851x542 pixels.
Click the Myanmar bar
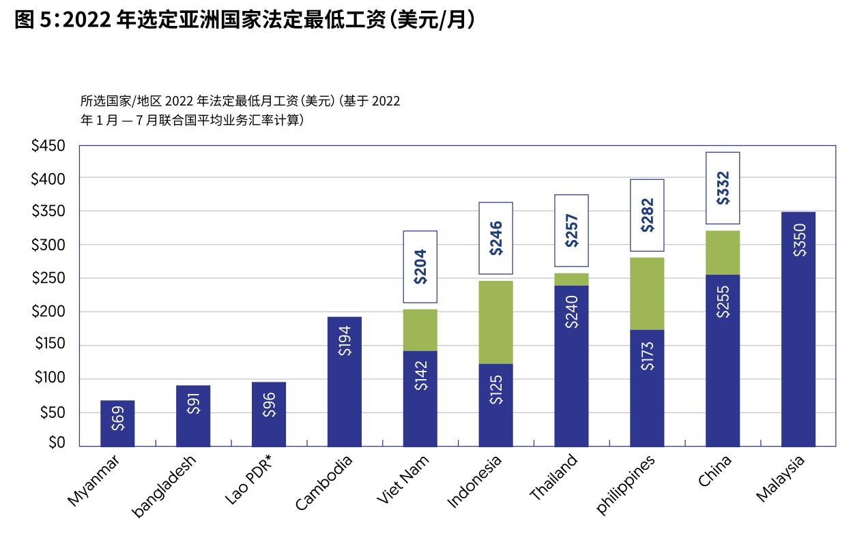[x=117, y=423]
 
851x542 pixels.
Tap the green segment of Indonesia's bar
[x=495, y=322]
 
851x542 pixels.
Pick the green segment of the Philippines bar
[x=647, y=293]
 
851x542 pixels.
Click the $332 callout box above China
[x=723, y=188]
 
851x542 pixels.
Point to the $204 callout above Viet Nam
[x=420, y=267]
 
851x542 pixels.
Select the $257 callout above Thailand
[x=571, y=230]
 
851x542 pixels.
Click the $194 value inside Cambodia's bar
[x=345, y=340]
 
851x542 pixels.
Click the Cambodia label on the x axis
[x=324, y=483]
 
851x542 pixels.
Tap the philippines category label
[x=626, y=485]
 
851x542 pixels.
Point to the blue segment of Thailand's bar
[x=571, y=365]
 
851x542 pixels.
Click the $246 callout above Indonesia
[x=495, y=238]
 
